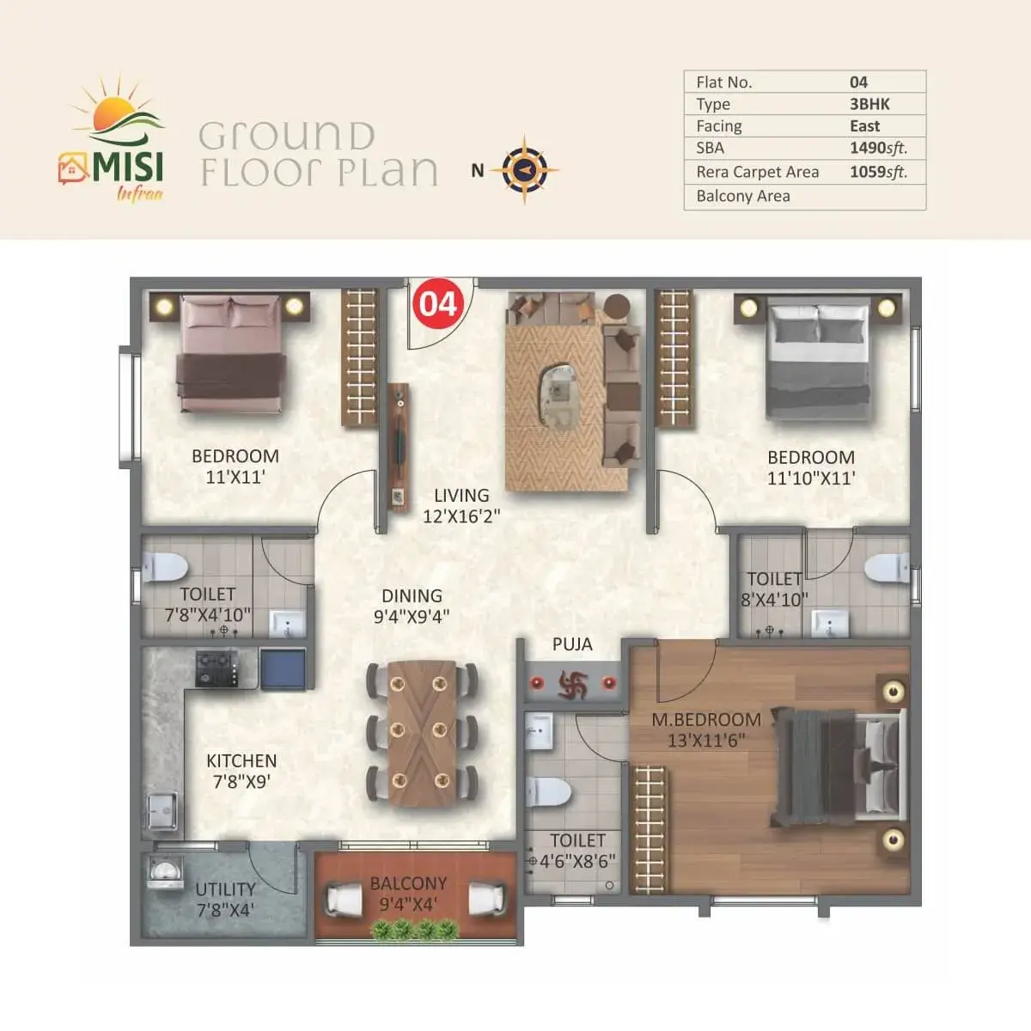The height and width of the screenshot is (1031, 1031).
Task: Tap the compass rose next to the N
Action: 524,169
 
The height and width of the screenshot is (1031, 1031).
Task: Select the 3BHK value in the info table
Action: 869,104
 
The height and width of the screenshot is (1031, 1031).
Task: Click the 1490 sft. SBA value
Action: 879,148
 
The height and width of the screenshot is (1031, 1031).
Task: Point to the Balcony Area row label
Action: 743,196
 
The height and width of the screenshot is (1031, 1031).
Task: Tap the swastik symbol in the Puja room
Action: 573,685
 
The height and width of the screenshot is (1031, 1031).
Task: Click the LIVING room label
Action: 461,496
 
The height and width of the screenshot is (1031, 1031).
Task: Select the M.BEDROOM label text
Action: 706,720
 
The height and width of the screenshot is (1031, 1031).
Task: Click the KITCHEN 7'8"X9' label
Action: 241,772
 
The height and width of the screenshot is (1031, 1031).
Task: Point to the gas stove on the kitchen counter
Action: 217,668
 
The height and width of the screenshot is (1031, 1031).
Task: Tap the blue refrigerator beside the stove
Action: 283,668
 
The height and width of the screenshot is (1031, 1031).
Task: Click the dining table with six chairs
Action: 422,734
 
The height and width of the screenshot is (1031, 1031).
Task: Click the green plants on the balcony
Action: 415,930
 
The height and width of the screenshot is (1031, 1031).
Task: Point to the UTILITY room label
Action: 225,890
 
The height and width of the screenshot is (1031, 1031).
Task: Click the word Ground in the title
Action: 286,136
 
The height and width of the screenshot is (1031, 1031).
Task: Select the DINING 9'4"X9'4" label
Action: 412,607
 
